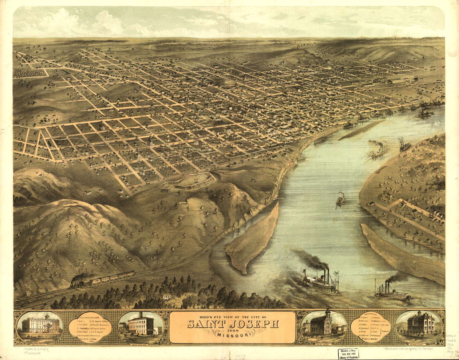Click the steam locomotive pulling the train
pos(78,281)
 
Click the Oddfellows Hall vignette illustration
pos(141,327)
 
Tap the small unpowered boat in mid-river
pos(340,198)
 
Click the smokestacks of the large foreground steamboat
pos(326,274)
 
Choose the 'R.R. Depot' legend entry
pos(99,334)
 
